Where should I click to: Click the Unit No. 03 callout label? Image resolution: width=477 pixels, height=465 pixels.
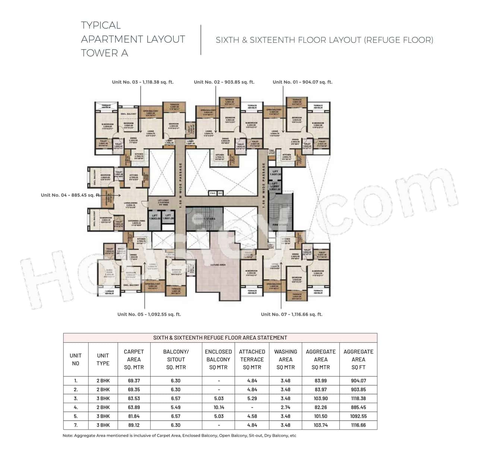click(143, 82)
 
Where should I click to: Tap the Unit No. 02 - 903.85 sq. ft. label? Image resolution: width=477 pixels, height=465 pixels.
click(224, 82)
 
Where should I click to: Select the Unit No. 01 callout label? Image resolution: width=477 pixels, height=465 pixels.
click(302, 82)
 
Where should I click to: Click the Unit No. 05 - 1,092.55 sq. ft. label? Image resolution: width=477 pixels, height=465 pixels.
click(149, 314)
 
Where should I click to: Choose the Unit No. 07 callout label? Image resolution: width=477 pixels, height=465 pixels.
click(291, 314)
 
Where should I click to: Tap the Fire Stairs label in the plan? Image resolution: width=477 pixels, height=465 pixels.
click(280, 225)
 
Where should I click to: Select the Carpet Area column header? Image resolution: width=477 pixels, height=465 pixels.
click(134, 359)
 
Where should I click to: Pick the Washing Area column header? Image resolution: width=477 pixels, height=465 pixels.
click(285, 359)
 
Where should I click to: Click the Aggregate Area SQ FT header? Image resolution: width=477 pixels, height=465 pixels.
click(358, 359)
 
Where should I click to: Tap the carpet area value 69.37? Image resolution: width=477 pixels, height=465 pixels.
click(134, 380)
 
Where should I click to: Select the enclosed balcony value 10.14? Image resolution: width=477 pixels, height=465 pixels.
click(218, 407)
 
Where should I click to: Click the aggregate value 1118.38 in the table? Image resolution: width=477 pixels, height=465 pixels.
click(358, 398)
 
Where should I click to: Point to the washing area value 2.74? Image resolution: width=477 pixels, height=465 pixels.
click(285, 407)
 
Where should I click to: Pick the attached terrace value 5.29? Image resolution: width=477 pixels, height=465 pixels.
click(252, 398)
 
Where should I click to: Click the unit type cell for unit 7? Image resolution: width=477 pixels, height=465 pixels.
click(103, 425)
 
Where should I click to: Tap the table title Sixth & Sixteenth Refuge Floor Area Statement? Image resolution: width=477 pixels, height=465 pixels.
click(220, 338)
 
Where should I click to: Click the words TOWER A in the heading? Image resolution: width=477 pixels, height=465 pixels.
click(105, 53)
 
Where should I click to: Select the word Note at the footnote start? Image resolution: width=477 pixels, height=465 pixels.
click(67, 435)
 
